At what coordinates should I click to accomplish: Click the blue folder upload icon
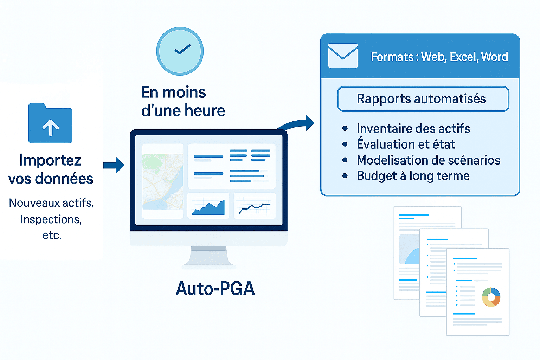click(50, 123)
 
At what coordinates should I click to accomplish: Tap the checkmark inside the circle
click(182, 50)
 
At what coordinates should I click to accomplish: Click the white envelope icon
click(343, 56)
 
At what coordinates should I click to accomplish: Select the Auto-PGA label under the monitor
click(215, 289)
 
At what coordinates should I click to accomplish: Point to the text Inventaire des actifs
click(413, 129)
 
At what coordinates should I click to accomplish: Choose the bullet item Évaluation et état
click(406, 144)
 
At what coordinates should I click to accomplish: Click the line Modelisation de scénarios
click(428, 160)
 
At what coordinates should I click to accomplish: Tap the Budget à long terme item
click(413, 176)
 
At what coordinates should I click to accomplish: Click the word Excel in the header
click(463, 57)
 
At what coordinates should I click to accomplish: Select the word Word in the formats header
click(494, 57)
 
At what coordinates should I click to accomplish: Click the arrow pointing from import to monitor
click(114, 165)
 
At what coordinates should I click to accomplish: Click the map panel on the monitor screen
click(162, 181)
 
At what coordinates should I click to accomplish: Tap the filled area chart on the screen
click(208, 206)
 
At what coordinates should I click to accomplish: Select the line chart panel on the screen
click(255, 206)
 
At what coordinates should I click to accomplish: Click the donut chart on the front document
click(491, 297)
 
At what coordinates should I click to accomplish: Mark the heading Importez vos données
click(51, 169)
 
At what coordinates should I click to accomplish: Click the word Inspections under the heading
click(51, 219)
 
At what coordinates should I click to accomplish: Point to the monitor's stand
click(208, 257)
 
